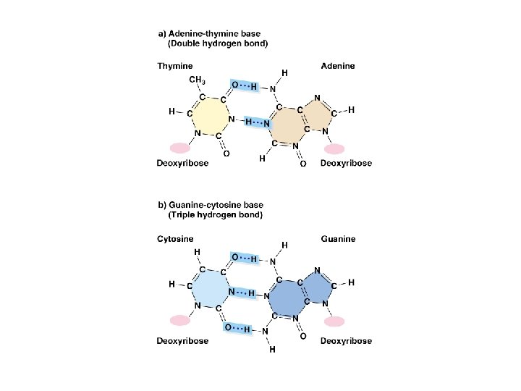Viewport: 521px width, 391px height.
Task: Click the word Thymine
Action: coord(174,66)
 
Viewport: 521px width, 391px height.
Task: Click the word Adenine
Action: coord(338,66)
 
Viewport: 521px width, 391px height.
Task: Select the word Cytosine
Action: coord(176,239)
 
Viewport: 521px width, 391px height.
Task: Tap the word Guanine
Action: coord(338,239)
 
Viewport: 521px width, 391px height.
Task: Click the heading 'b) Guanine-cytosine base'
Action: coord(211,205)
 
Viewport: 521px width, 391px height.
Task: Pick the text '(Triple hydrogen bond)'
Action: coord(215,215)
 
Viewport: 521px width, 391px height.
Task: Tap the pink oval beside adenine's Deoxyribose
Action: coord(334,149)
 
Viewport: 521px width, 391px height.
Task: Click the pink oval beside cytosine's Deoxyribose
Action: coord(179,319)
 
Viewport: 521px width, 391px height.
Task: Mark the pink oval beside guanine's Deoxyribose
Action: coord(334,321)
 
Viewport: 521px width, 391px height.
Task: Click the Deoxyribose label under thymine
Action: coord(182,163)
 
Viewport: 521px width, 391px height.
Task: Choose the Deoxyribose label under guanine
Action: coord(346,340)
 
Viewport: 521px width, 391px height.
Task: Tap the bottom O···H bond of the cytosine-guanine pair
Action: coord(238,329)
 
